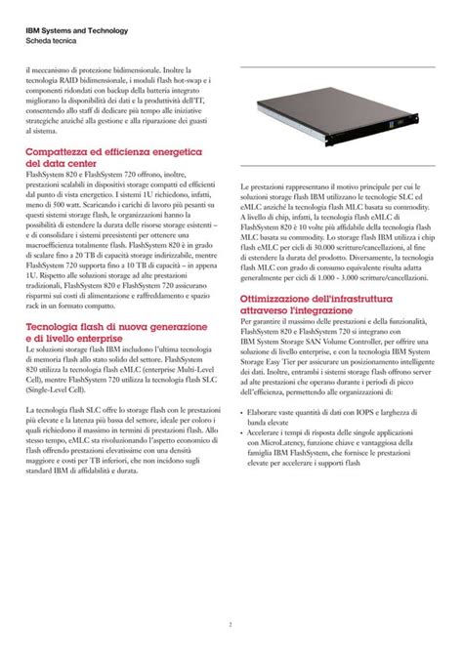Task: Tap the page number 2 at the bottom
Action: [x=231, y=625]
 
